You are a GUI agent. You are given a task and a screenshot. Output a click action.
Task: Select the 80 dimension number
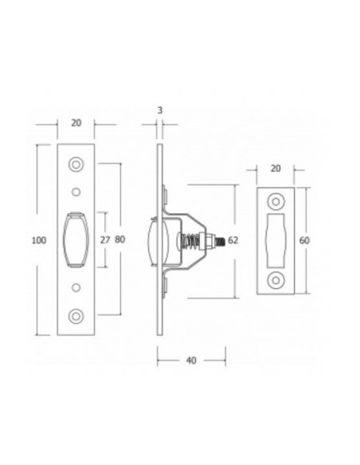pos(121,238)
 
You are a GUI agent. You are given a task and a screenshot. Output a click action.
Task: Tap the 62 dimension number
pos(233,239)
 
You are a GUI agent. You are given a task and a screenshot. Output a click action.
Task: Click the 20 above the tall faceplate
pos(76,123)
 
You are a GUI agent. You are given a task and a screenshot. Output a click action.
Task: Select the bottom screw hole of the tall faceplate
pos(76,315)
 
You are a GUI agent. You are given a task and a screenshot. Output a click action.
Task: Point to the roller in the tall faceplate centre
pos(76,238)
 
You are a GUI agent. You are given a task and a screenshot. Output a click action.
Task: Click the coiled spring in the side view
pos(191,239)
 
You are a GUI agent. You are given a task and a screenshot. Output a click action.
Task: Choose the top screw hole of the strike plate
pos(277,201)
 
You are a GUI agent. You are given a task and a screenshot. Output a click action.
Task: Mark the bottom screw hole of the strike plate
pos(277,278)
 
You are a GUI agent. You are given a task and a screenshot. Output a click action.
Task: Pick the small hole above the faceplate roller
pos(76,191)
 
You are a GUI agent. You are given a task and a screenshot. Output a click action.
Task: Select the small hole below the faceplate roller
pos(76,285)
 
